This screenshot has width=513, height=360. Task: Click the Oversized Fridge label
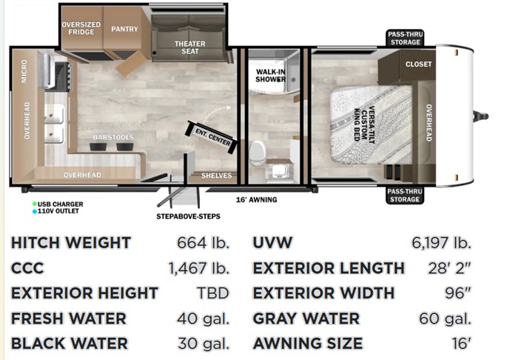pyautogui.click(x=81, y=28)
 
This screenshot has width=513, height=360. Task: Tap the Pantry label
pyautogui.click(x=124, y=29)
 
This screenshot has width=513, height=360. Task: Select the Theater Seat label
pyautogui.click(x=190, y=47)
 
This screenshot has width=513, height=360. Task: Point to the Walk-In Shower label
pyautogui.click(x=271, y=76)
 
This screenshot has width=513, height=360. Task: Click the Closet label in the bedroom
pyautogui.click(x=418, y=64)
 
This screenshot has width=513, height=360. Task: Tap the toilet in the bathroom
pyautogui.click(x=258, y=153)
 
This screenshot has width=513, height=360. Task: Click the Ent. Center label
pyautogui.click(x=212, y=137)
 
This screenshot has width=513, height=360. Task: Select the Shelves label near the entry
pyautogui.click(x=217, y=176)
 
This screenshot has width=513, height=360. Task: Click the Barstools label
pyautogui.click(x=113, y=137)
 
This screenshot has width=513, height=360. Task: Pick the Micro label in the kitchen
pyautogui.click(x=24, y=71)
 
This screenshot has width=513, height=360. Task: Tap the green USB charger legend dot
pyautogui.click(x=34, y=204)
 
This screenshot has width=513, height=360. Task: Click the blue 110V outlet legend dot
pyautogui.click(x=34, y=211)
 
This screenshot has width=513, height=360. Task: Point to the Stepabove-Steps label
pyautogui.click(x=188, y=216)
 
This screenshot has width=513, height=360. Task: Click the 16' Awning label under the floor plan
pyautogui.click(x=256, y=200)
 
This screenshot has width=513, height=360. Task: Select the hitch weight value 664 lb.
pyautogui.click(x=203, y=243)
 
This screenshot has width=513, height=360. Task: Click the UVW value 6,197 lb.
pyautogui.click(x=441, y=243)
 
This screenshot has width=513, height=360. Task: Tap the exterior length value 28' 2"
pyautogui.click(x=449, y=268)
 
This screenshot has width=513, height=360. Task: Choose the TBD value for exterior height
pyautogui.click(x=212, y=293)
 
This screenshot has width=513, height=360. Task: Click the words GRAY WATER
pyautogui.click(x=306, y=319)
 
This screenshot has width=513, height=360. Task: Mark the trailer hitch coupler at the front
pyautogui.click(x=481, y=116)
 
